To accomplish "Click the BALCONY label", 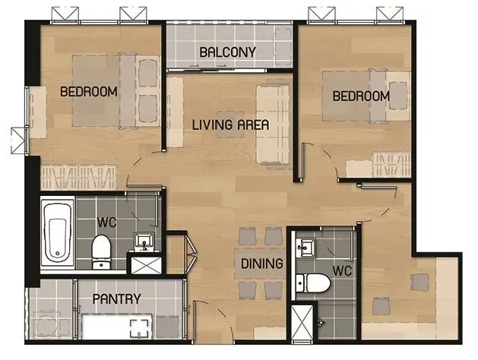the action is point(227,52).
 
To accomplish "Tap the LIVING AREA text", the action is point(230,125).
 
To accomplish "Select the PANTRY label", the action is point(117,299).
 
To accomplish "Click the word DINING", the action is point(262,264).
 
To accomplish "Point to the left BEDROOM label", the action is point(89,91).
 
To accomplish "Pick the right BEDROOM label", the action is point(361,96).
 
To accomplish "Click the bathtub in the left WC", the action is point(58,233).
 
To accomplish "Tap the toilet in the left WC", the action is point(102,252).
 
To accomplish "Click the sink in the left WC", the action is point(144,241).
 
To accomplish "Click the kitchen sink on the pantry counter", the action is point(141,329).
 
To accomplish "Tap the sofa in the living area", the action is point(273,124).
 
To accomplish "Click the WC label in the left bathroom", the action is point(106,223).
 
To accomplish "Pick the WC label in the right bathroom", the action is point(342,270).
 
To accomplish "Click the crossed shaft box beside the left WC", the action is point(147,266).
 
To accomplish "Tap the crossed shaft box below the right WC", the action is point(302,321).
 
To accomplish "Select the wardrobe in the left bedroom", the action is point(79,177).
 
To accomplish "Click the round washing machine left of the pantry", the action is point(47,324).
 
